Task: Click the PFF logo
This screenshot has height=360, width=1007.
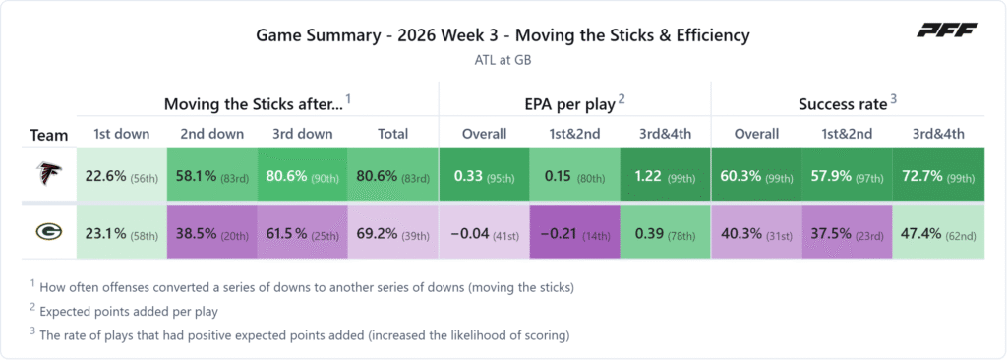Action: tap(947, 30)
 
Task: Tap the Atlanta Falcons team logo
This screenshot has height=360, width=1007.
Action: tap(49, 175)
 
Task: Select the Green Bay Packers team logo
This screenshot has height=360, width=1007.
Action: tap(49, 232)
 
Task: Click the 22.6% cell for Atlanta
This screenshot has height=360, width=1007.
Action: tap(121, 175)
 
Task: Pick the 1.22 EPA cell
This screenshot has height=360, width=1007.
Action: tap(666, 175)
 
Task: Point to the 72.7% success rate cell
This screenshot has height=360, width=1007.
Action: tap(938, 175)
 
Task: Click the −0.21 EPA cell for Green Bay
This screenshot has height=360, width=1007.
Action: tap(574, 232)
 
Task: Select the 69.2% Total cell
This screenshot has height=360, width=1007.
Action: tap(393, 232)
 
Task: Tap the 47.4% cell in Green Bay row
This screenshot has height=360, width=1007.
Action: tap(938, 232)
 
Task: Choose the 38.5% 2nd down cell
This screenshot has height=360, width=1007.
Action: tap(212, 232)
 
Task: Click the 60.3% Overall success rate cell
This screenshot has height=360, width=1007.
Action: tap(756, 175)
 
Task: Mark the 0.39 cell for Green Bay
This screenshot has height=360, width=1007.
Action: tap(666, 232)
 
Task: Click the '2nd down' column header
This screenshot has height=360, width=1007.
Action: tap(212, 134)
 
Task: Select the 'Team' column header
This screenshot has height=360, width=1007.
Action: tap(49, 136)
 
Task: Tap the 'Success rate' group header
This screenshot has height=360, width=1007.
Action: tap(843, 104)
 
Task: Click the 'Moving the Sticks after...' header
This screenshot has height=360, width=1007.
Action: tap(254, 104)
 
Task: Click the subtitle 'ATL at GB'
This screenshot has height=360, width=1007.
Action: tap(503, 60)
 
